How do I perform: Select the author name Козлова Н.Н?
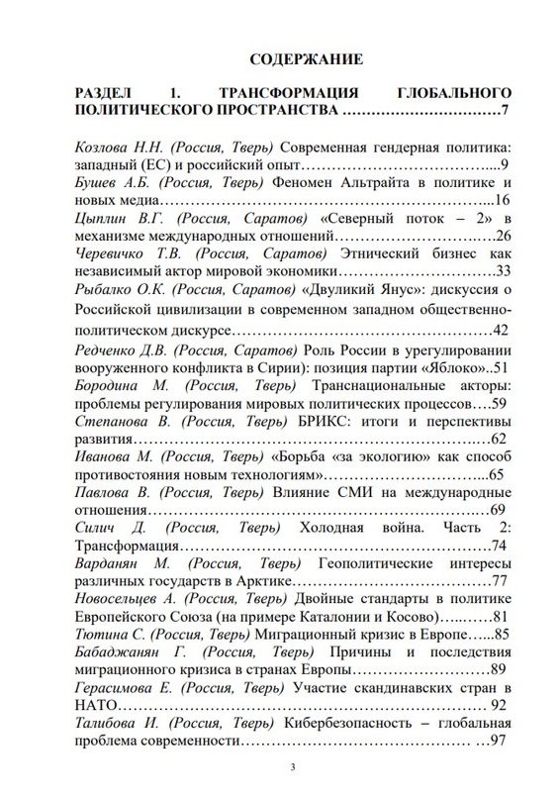[x=118, y=146]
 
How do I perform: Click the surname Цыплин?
[x=105, y=219]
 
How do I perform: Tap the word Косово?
[x=379, y=617]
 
